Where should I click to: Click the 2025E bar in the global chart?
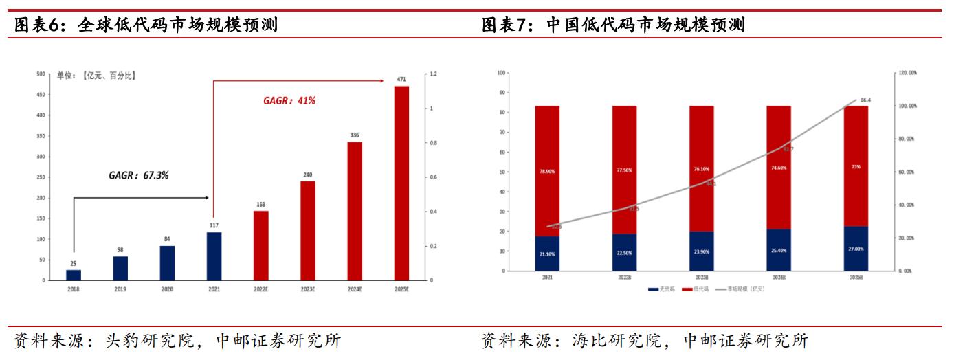[401, 183]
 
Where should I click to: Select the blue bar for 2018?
[74, 275]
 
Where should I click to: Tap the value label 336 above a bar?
[355, 135]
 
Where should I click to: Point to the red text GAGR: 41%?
[289, 101]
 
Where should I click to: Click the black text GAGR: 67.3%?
[137, 175]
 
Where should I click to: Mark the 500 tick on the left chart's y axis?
[41, 74]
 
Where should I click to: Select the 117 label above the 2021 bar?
[214, 225]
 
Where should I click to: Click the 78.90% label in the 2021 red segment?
[547, 171]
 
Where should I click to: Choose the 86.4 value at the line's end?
[865, 100]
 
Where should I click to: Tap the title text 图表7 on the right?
[505, 26]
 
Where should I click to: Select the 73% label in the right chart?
[856, 166]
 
